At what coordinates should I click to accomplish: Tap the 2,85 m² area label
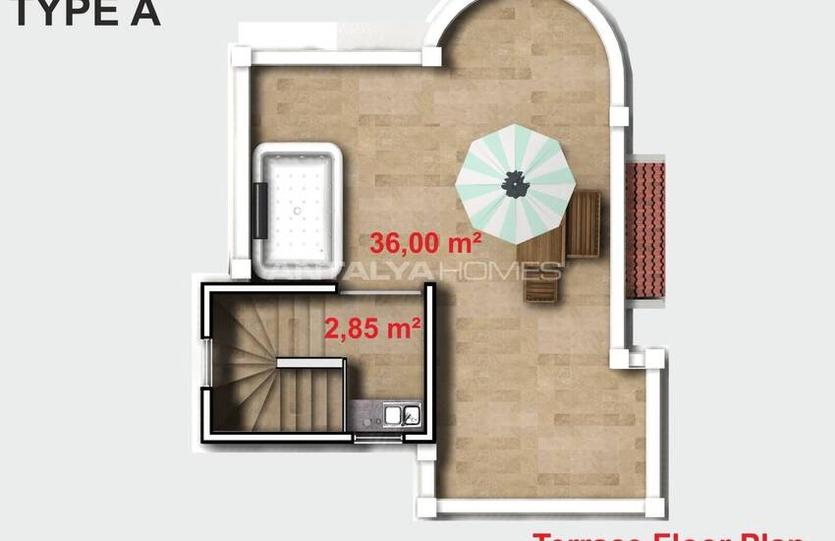(x=372, y=328)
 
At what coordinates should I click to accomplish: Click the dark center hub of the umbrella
(x=515, y=182)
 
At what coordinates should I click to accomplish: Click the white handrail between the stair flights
(x=309, y=363)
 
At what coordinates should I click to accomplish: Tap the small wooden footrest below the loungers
(x=540, y=286)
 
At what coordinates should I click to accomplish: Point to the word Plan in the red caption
(x=771, y=536)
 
